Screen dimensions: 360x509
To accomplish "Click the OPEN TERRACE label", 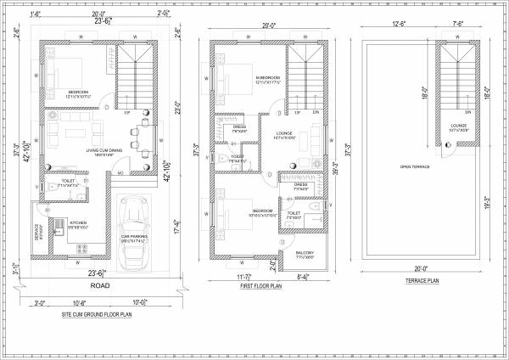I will (413, 166).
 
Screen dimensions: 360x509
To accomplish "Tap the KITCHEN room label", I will (79, 223).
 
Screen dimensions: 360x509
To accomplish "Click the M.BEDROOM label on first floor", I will (268, 77).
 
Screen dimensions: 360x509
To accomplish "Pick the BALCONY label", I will (305, 252).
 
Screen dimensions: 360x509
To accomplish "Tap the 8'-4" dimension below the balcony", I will (305, 276).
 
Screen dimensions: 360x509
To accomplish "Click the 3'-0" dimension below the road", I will (41, 302).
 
